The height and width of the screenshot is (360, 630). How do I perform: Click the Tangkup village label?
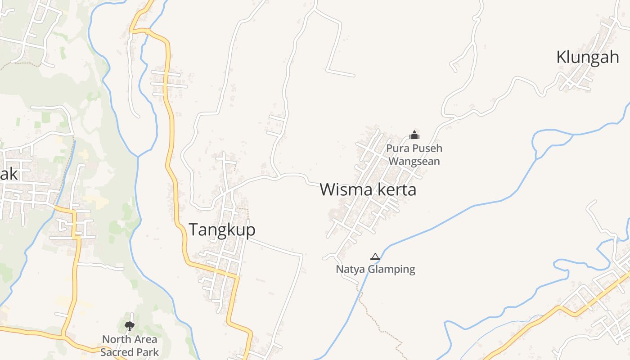coord(222,230)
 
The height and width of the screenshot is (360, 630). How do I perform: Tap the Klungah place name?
coord(588,58)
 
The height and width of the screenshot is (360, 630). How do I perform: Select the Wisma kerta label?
coord(368,190)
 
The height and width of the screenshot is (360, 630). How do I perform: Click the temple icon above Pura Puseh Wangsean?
coord(414,135)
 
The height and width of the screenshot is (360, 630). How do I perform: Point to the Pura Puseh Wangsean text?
coord(414,154)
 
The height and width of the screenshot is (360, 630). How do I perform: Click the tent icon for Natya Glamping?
coord(375,257)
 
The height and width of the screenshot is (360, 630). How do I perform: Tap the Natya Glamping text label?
coord(375,270)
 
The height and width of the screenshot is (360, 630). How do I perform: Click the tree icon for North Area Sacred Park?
coord(130,326)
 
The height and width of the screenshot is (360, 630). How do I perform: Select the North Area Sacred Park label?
coord(130,346)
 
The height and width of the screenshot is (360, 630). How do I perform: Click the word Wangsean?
coord(414,161)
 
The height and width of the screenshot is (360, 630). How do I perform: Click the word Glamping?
coord(391,270)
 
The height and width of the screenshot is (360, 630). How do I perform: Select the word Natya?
coord(351,270)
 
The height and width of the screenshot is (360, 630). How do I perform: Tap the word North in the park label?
coord(116,339)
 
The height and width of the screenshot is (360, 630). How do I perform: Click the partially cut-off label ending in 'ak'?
coord(9,174)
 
